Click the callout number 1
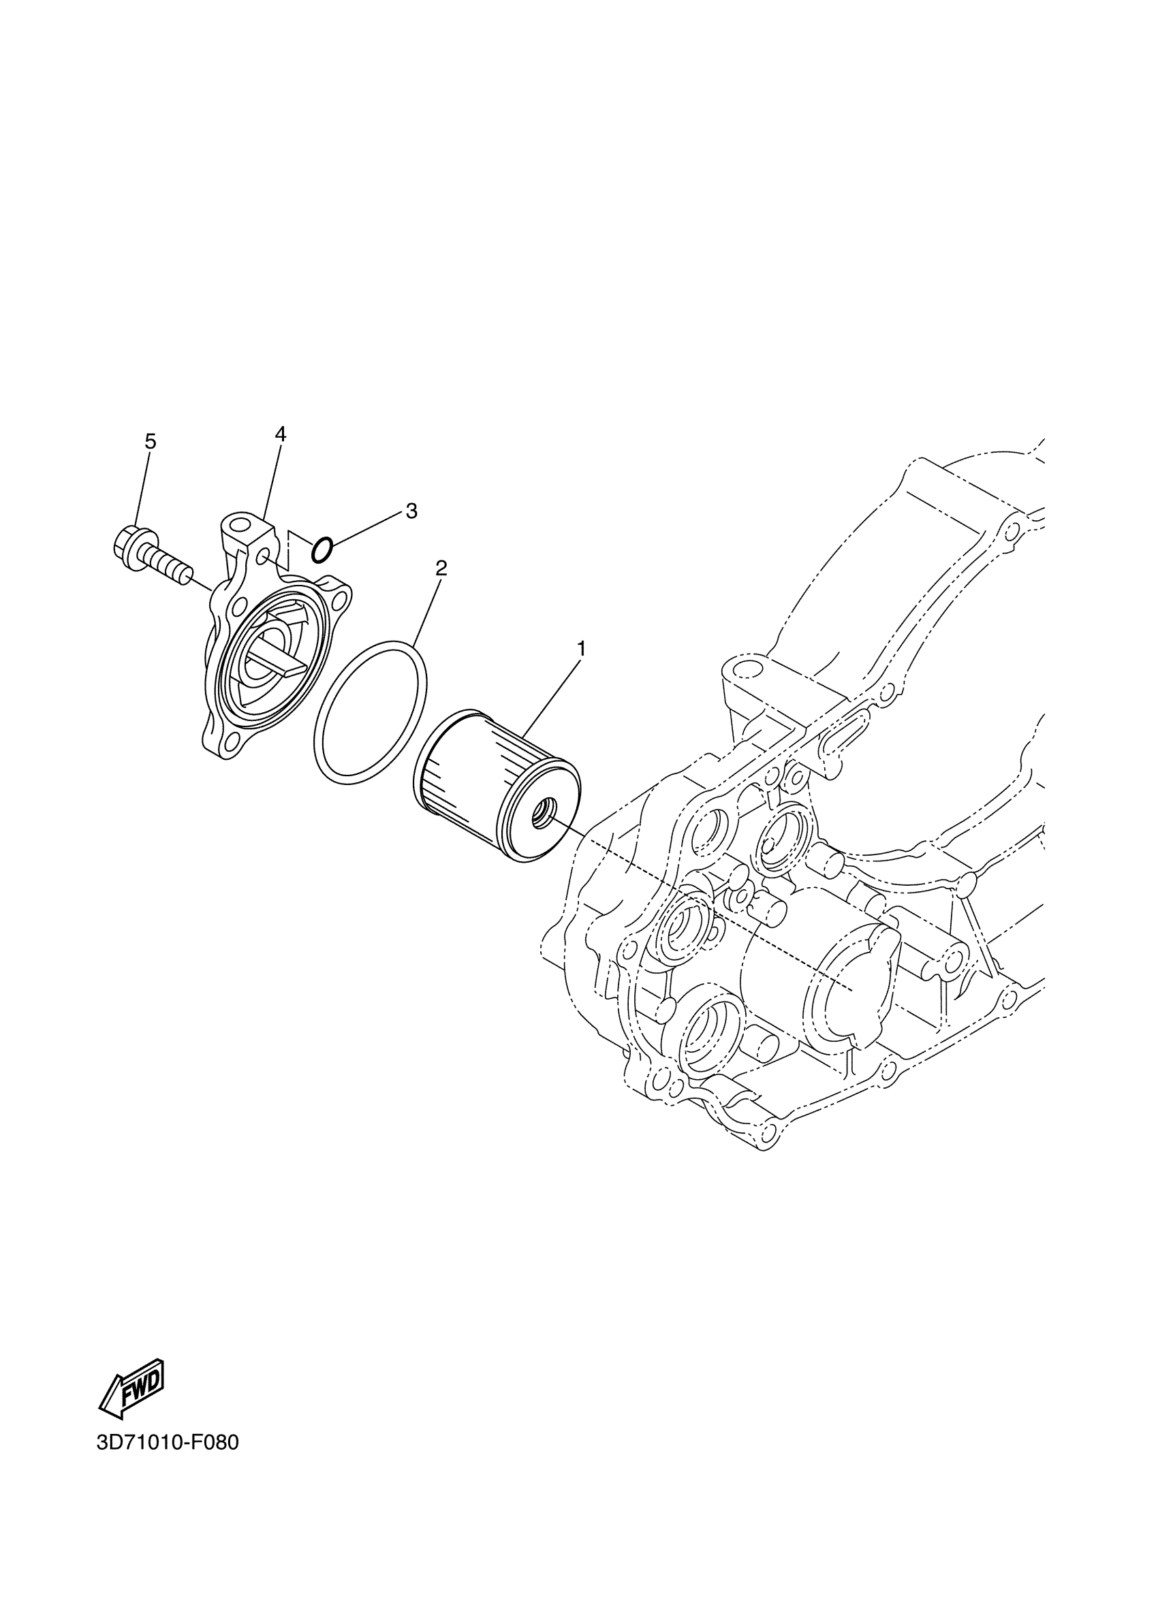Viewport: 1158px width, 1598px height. coord(582,648)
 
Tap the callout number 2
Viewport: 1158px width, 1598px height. coord(441,568)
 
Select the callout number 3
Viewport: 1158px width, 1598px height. coord(411,511)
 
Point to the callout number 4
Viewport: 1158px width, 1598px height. coord(281,434)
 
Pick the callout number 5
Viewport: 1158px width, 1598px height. coord(150,442)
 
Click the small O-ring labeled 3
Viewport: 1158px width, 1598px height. coord(322,550)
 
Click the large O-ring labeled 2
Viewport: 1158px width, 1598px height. coord(369,712)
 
